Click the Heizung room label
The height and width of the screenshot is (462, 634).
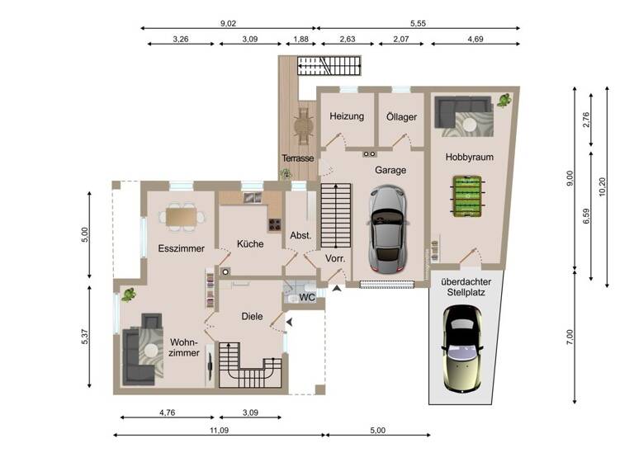tap(347, 116)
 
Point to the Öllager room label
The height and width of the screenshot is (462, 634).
tap(402, 116)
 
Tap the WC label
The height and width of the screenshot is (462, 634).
tap(306, 297)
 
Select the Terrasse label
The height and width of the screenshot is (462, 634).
tap(297, 158)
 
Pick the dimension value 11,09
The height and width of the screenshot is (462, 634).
tap(219, 430)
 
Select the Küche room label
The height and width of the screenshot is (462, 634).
tap(250, 244)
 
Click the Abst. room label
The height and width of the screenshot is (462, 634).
tap(300, 235)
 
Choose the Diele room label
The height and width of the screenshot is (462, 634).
tap(252, 316)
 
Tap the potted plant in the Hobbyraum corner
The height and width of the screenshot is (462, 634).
tap(503, 101)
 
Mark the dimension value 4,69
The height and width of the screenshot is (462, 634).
tap(475, 38)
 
